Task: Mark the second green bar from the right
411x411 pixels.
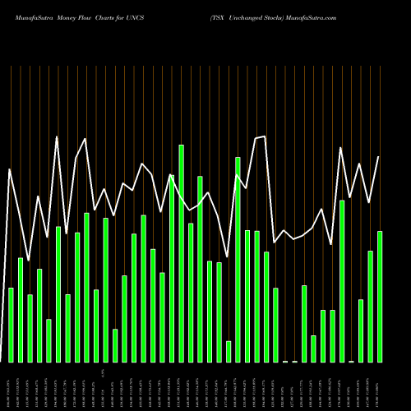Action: point(370,306)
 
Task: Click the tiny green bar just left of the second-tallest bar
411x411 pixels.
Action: point(229,351)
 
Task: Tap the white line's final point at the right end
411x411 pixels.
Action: point(379,156)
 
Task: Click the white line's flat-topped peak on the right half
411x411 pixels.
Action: point(261,137)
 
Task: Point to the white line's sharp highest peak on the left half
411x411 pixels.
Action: point(57,136)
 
